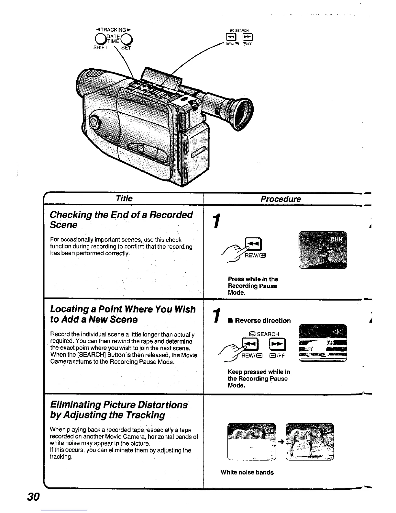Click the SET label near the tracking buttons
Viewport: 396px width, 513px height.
pyautogui.click(x=126, y=48)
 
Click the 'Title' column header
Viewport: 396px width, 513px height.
pyautogui.click(x=124, y=198)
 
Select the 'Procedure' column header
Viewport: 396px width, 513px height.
pyautogui.click(x=280, y=199)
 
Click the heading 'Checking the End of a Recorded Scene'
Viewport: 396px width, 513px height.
pyautogui.click(x=121, y=220)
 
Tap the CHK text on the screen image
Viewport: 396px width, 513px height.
pyautogui.click(x=337, y=240)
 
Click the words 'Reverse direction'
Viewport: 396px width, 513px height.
pyautogui.click(x=263, y=320)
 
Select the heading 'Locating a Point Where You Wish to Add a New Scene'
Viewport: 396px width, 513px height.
pyautogui.click(x=123, y=314)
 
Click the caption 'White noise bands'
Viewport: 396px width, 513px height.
pyautogui.click(x=247, y=472)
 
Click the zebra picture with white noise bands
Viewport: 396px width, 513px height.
pyautogui.click(x=252, y=441)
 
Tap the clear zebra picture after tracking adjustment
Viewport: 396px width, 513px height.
pyautogui.click(x=310, y=441)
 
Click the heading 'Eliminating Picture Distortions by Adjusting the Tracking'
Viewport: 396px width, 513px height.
pyautogui.click(x=119, y=410)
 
